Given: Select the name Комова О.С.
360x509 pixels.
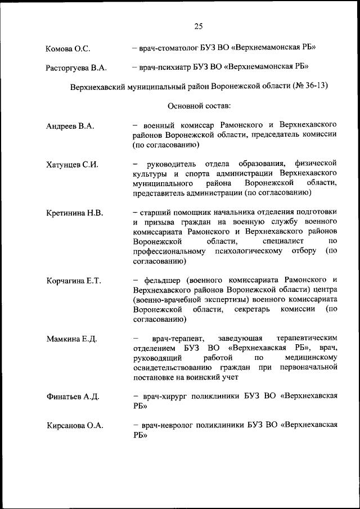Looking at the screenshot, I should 68,49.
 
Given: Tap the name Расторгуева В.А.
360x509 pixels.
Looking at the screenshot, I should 76,69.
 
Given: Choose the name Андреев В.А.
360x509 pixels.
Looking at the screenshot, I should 70,126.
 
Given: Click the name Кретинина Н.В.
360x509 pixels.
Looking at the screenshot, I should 75,213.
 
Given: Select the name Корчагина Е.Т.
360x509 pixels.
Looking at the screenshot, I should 74,281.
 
